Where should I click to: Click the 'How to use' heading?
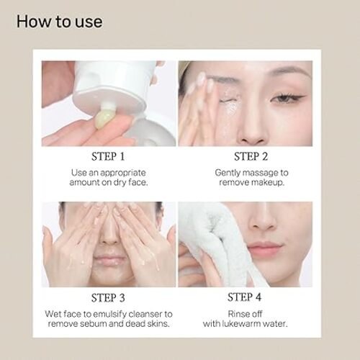pyautogui.click(x=60, y=22)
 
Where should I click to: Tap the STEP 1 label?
pyautogui.click(x=108, y=156)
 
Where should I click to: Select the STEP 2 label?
pyautogui.click(x=251, y=156)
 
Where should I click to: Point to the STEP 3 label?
pyautogui.click(x=108, y=298)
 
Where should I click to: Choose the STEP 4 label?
pyautogui.click(x=244, y=297)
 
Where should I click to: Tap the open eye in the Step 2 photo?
pyautogui.click(x=287, y=98)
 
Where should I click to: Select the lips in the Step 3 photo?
pyautogui.click(x=109, y=260)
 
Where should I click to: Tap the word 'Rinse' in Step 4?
pyautogui.click(x=238, y=314)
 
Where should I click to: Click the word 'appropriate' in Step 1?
pyautogui.click(x=123, y=174)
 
